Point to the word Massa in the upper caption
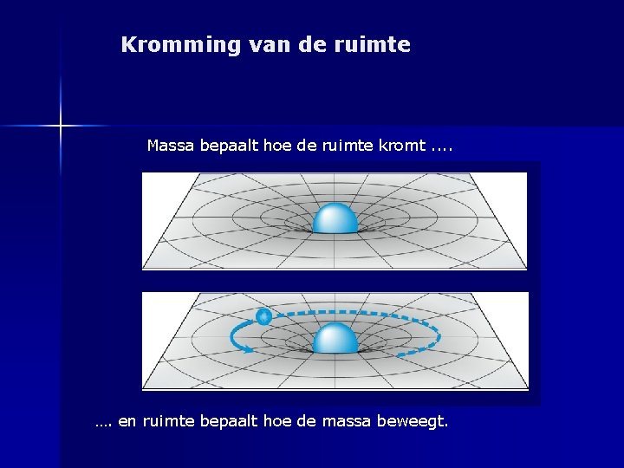point(171,146)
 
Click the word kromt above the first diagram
point(402,146)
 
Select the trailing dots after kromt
point(441,146)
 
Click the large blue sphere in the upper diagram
point(335,218)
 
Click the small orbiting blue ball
point(263,317)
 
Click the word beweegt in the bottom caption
point(416,423)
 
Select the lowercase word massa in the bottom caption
point(351,423)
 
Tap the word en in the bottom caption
point(127,423)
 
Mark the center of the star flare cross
point(61,127)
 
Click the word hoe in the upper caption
point(277,146)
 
